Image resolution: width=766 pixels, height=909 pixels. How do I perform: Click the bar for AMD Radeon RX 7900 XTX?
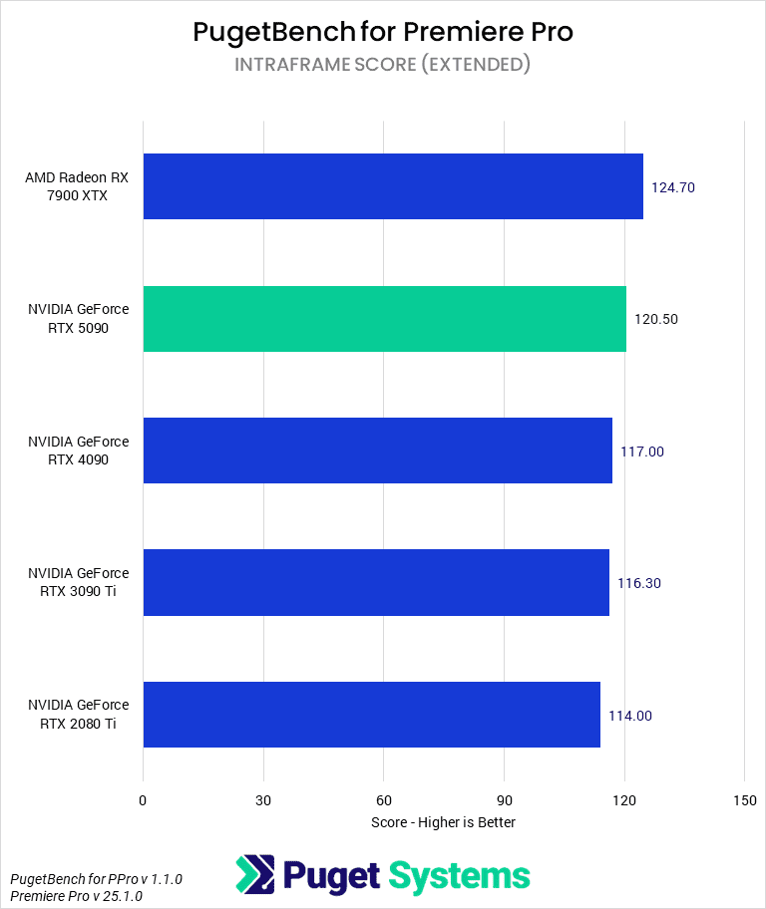(393, 186)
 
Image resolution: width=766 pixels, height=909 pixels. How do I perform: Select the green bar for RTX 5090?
(384, 319)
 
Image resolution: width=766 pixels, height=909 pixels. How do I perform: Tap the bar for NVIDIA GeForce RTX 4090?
(377, 451)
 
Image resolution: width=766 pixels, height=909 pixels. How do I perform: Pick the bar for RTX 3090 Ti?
(376, 583)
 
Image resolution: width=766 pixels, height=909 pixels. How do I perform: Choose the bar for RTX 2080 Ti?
(371, 715)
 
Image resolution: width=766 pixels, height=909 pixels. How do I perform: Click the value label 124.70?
(673, 186)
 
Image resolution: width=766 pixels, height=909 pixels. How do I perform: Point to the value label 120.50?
(656, 319)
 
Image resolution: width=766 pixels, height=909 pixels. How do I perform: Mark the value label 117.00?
(642, 452)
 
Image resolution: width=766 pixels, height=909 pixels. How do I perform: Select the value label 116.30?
(639, 583)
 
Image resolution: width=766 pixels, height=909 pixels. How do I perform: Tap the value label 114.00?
(630, 716)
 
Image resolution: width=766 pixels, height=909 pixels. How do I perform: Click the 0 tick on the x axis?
(143, 800)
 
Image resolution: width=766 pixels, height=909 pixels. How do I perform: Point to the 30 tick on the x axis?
(263, 800)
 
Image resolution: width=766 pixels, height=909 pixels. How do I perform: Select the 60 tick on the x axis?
(384, 800)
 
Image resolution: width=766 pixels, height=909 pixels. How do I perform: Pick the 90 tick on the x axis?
(504, 800)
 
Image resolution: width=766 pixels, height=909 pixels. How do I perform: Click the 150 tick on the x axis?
(744, 800)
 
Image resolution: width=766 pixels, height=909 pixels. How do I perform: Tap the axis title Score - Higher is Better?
(443, 822)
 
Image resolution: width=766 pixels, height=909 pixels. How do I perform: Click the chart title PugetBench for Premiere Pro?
(383, 32)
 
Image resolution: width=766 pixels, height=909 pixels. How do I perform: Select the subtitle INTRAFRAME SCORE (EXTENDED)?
(383, 65)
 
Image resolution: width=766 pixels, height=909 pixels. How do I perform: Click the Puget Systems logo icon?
(254, 875)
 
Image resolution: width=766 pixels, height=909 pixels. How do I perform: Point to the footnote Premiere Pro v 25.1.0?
(77, 896)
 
